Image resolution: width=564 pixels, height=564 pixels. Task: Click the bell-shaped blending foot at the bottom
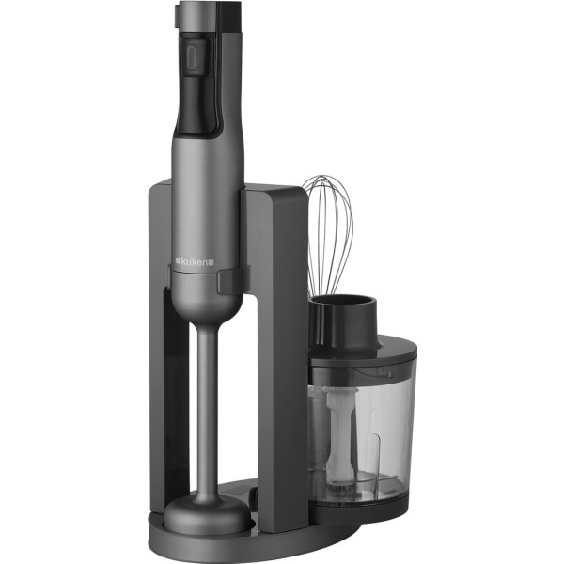point(207,511)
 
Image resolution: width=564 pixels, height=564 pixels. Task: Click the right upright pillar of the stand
point(282,357)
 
